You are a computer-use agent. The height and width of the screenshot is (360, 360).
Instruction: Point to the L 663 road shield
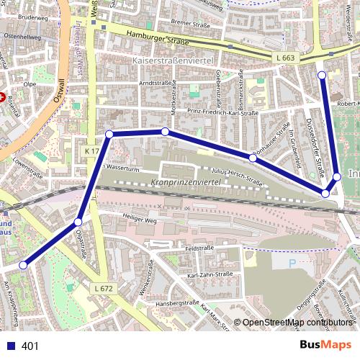(x=285, y=57)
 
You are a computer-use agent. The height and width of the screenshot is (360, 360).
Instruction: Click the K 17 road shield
(x=91, y=151)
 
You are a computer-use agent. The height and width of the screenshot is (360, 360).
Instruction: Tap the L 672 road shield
(x=104, y=288)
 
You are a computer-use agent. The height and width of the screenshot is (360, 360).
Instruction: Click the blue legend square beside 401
(x=11, y=346)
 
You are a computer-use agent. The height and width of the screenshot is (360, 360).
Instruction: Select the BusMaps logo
(x=326, y=346)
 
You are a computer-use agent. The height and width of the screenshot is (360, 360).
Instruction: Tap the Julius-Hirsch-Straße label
(x=235, y=174)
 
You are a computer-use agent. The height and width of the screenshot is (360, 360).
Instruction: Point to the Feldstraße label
(x=199, y=248)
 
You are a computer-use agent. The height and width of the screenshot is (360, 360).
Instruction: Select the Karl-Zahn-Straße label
(x=210, y=275)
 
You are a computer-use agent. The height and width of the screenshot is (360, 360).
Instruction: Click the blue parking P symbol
(x=292, y=264)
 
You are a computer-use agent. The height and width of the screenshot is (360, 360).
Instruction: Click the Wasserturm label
(x=121, y=168)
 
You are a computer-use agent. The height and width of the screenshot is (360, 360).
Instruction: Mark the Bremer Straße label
(x=189, y=24)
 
